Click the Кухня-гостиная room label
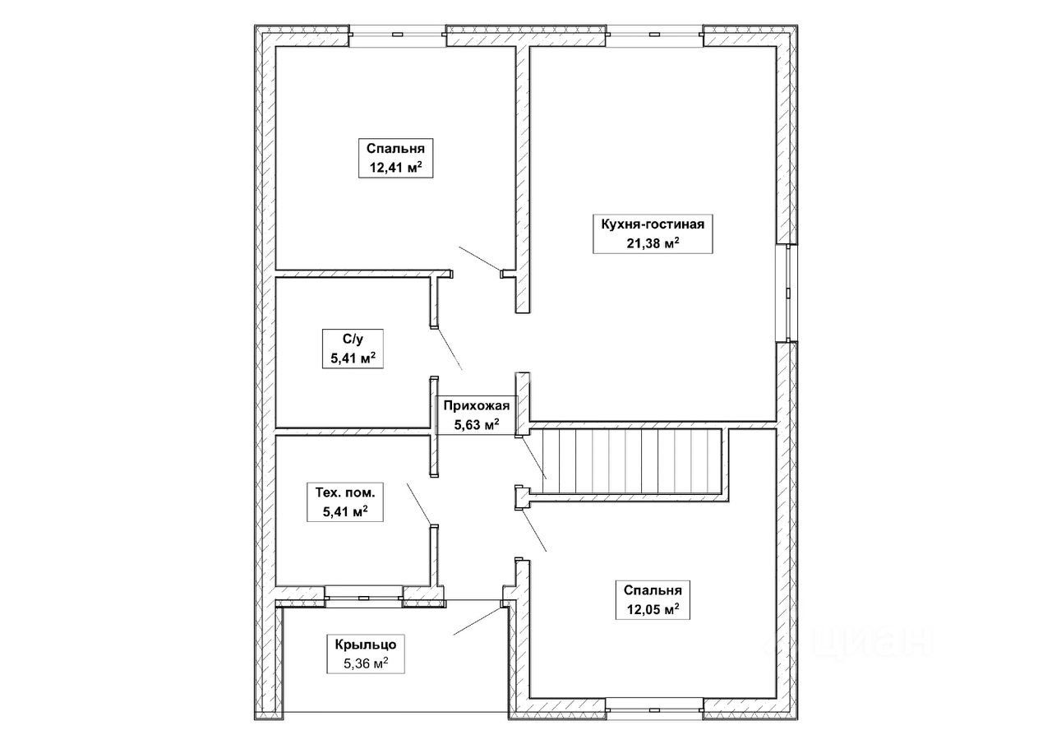click(653, 224)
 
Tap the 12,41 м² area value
click(395, 167)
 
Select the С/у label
click(353, 339)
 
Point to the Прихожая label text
click(476, 404)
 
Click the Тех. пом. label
click(345, 492)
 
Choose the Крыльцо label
click(366, 645)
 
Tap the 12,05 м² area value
click(653, 609)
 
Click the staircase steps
click(625, 460)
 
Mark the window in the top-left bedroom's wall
click(397, 35)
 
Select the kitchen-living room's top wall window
click(654, 35)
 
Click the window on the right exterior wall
click(787, 293)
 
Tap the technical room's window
click(363, 597)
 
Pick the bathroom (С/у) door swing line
click(450, 349)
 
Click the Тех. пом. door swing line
click(419, 503)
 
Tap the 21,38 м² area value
click(653, 243)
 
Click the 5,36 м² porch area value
click(366, 663)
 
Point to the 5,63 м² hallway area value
click(476, 424)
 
